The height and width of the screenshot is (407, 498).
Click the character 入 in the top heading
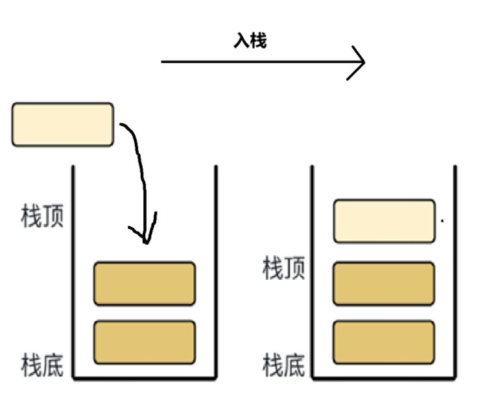coord(242,42)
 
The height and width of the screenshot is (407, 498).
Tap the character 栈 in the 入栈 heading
coord(258,42)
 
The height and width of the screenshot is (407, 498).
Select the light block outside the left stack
coord(63,124)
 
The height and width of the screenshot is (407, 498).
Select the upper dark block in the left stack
coord(145,284)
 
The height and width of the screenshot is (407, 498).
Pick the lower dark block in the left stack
coord(145,342)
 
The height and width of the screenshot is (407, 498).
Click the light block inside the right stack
coord(385,221)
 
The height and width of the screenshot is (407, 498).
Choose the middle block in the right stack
coord(384,283)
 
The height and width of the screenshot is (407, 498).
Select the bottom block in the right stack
coord(384,342)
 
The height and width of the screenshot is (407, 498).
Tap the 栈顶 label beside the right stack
coord(284,268)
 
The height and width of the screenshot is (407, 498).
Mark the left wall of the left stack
coord(73,273)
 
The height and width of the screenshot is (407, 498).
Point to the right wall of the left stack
coord(216,273)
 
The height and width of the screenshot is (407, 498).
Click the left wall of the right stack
coord(313,273)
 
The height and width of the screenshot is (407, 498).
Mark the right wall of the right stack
coord(455,273)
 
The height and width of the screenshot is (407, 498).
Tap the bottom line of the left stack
coord(145,377)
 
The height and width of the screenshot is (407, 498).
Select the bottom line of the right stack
coord(384,377)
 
